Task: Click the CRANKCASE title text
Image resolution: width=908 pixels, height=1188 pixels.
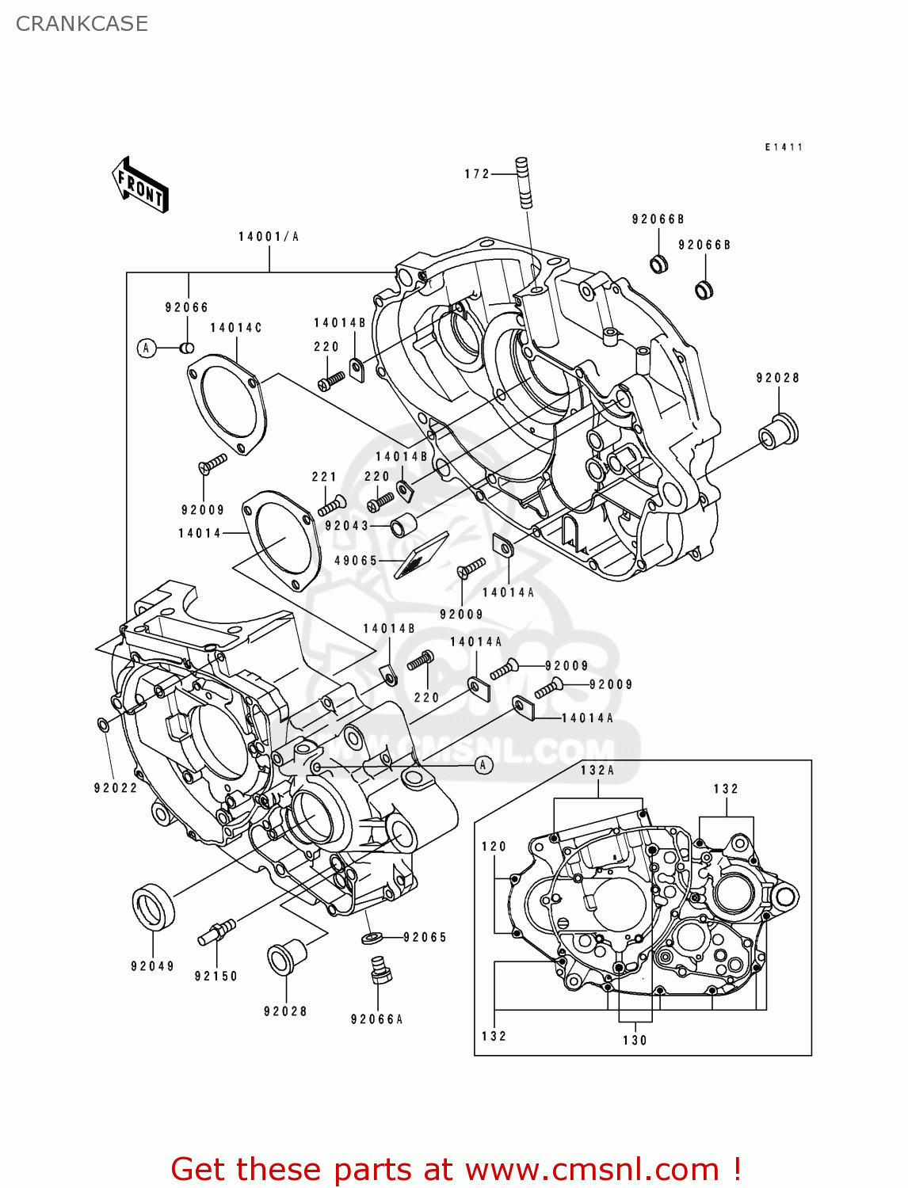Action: point(82,24)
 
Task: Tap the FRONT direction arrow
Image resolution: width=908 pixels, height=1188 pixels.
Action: point(141,185)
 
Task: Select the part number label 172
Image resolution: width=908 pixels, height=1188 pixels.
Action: point(477,174)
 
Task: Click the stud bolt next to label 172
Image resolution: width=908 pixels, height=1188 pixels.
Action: point(525,183)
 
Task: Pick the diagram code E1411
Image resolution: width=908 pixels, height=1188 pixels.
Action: point(784,147)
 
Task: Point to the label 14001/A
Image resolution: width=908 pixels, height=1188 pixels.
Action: point(269,237)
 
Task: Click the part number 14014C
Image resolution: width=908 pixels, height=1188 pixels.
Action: point(235,328)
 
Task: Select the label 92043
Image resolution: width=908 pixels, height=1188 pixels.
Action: point(347,526)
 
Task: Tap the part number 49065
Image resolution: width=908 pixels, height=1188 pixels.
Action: point(356,561)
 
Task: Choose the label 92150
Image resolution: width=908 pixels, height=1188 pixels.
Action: point(216,977)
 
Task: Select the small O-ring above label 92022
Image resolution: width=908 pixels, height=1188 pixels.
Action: point(103,725)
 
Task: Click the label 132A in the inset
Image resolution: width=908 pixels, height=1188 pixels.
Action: point(597,771)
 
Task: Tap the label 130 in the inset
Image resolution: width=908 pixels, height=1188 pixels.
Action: point(635,1041)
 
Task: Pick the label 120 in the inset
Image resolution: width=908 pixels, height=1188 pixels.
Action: point(494,847)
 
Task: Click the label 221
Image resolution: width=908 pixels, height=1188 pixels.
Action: point(324,477)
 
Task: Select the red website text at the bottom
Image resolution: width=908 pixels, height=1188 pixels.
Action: point(456,1169)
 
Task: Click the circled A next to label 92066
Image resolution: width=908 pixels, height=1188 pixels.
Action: point(147,348)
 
